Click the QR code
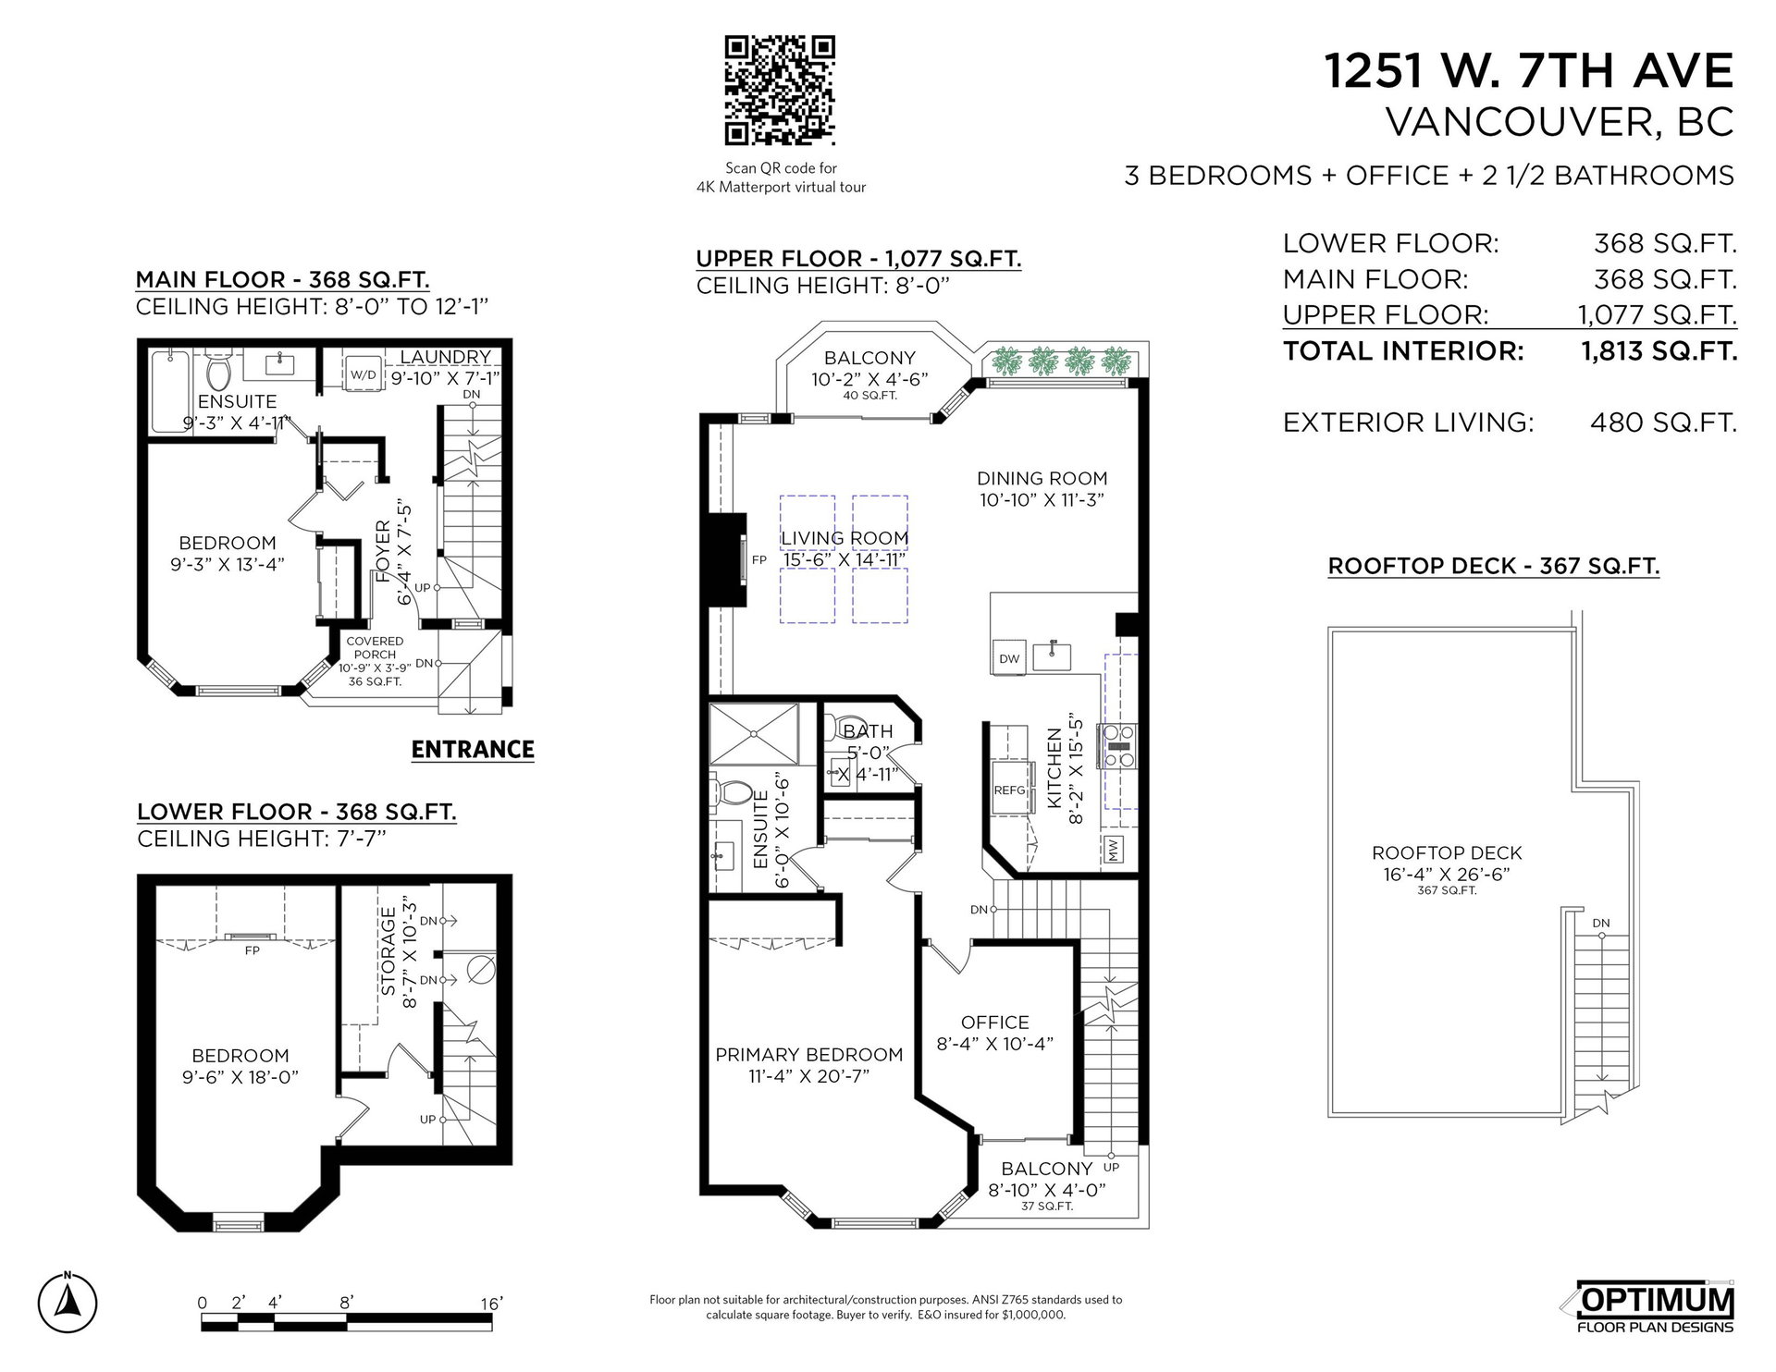pos(780,91)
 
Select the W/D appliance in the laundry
pos(363,374)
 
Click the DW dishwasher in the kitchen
pos(1009,658)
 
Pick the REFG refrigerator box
pos(1010,789)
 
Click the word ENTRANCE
pos(473,749)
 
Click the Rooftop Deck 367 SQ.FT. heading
pos(1494,566)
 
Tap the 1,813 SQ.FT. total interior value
pos(1659,351)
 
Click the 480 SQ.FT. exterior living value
pos(1663,423)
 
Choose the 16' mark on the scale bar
pos(491,1304)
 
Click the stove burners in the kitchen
pos(1118,746)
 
